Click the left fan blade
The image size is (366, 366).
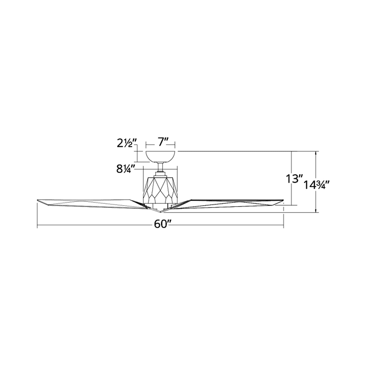89,202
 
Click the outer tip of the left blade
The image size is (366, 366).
38,201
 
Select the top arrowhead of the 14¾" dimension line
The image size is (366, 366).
316,152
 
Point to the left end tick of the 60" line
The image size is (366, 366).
37,225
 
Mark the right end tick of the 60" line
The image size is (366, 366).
283,225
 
